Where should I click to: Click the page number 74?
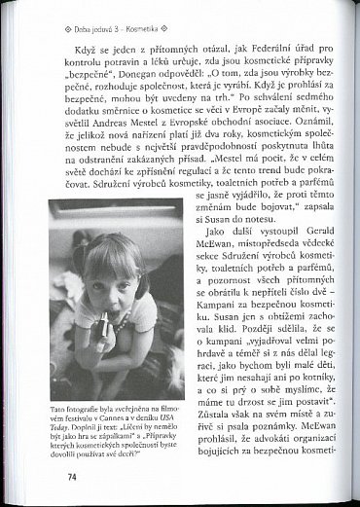click(71, 476)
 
